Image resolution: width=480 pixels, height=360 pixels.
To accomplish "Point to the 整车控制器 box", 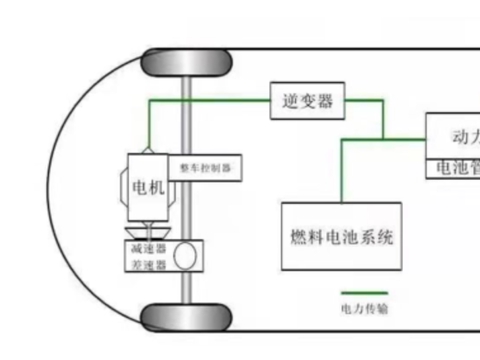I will tap(204, 169).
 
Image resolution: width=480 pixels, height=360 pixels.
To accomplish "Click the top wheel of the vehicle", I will tap(187, 63).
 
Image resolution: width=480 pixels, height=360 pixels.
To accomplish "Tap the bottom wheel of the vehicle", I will tap(187, 320).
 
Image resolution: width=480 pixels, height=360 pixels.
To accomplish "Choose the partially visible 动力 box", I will tap(453, 137).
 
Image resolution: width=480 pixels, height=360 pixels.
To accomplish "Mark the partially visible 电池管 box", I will tap(453, 169).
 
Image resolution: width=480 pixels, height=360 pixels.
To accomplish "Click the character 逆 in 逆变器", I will tap(288, 100).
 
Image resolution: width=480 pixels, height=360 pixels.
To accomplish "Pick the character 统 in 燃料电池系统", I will tap(386, 238).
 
